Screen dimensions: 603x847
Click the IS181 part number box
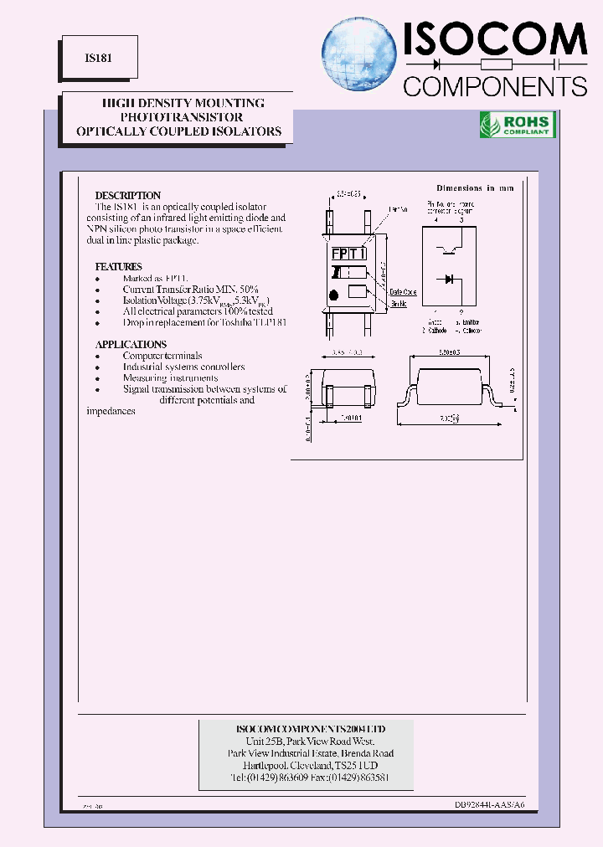click(x=93, y=60)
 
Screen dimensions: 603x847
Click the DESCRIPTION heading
click(x=127, y=196)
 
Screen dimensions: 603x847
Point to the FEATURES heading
click(x=118, y=267)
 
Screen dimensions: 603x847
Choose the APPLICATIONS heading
click(x=131, y=344)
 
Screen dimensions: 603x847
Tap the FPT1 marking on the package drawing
click(x=348, y=254)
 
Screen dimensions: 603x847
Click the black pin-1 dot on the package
click(x=334, y=294)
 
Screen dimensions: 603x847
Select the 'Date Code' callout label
click(x=403, y=292)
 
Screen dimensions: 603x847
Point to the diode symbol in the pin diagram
click(x=449, y=279)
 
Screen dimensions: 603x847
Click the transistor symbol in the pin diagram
click(x=449, y=248)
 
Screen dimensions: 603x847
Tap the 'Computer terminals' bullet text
click(x=162, y=356)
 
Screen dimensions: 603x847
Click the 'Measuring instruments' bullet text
click(x=168, y=378)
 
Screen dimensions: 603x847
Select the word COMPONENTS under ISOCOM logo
click(x=495, y=85)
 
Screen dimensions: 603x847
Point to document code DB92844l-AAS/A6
click(x=490, y=804)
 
